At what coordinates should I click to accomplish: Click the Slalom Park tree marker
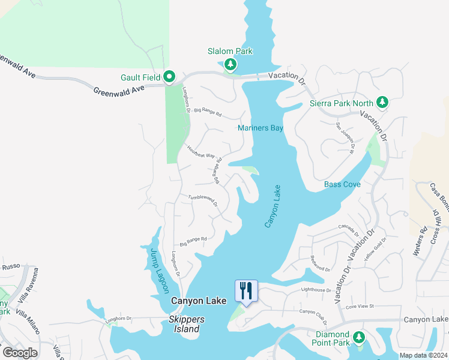pos(230,64)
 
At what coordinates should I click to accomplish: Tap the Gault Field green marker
pos(169,77)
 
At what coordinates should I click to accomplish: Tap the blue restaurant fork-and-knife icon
pos(246,291)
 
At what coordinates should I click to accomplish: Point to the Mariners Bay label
pos(260,128)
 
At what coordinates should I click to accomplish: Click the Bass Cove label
pos(342,184)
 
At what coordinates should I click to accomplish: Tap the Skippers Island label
pos(186,324)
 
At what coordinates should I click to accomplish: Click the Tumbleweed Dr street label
pos(203,200)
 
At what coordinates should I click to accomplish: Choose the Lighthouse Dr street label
pos(316,290)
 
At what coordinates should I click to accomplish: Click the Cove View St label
pos(358,306)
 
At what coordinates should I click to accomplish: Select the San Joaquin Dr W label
pos(345,134)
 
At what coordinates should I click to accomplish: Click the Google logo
pos(20,353)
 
